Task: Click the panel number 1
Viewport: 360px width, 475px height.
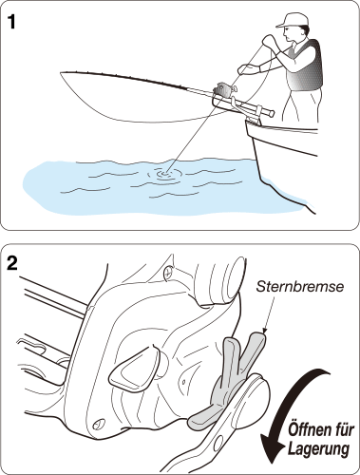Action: point(11,22)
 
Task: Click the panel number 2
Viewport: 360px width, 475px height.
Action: point(12,263)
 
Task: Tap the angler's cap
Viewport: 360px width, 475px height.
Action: point(292,20)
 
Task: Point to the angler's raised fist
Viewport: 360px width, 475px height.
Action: point(269,41)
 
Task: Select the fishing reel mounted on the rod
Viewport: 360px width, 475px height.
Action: point(224,89)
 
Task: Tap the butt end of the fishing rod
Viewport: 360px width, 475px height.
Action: point(271,112)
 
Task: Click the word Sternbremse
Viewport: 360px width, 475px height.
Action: point(299,287)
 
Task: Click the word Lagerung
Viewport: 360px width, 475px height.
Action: point(318,448)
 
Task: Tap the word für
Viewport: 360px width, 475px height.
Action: point(343,430)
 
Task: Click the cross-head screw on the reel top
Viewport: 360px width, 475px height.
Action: point(169,271)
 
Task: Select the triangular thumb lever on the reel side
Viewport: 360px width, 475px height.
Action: point(134,369)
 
